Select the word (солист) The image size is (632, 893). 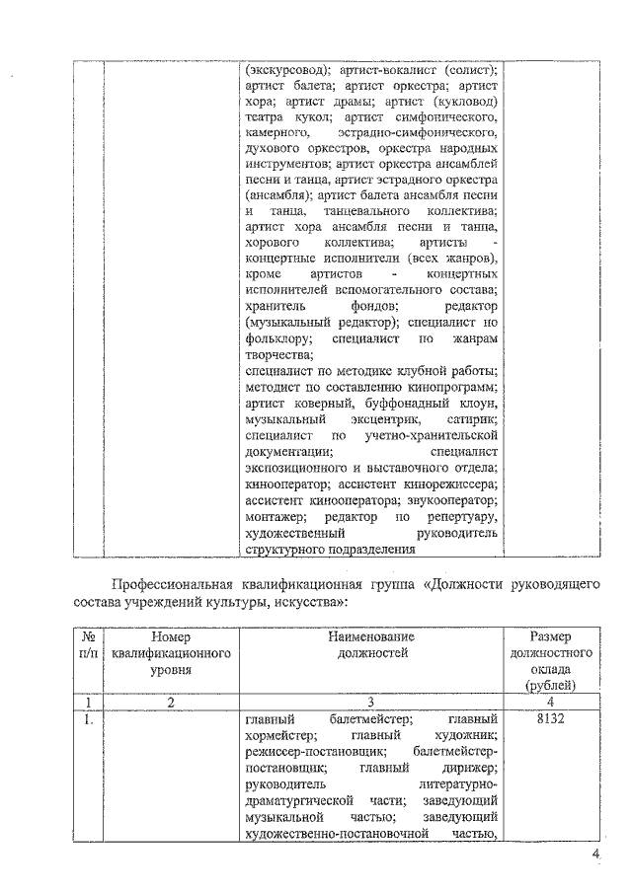pyautogui.click(x=469, y=71)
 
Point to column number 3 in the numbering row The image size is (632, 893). pyautogui.click(x=370, y=702)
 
